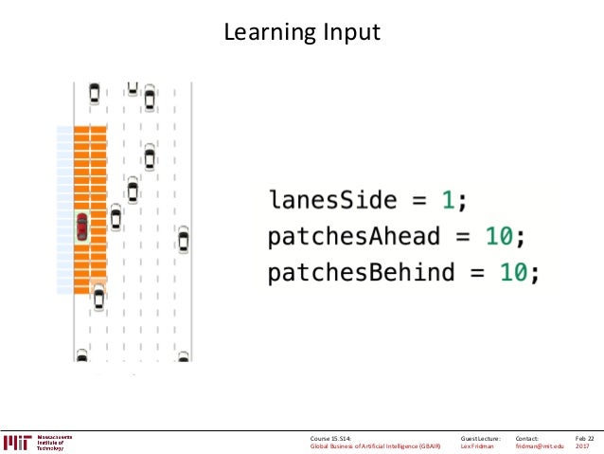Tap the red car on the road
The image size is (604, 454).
tap(82, 227)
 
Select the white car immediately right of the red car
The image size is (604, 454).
tap(115, 219)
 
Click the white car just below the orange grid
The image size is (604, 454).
tap(99, 300)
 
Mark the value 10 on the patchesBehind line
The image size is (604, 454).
tap(513, 273)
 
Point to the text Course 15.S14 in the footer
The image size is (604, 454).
tap(330, 438)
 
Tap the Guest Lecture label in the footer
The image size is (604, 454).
tap(480, 438)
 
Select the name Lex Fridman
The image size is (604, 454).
tap(477, 447)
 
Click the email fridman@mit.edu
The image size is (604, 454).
tap(540, 447)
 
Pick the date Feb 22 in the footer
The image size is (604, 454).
tap(584, 438)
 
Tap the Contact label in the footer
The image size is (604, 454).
tap(528, 438)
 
